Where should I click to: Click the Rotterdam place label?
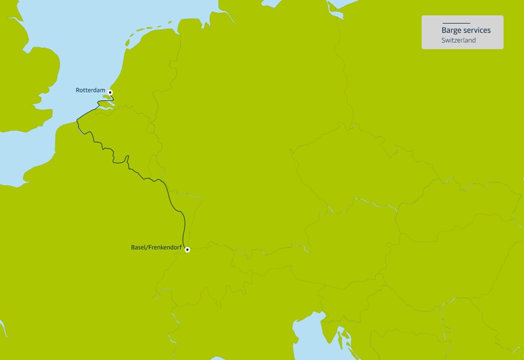pyautogui.click(x=90, y=90)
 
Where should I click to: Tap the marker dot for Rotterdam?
pyautogui.click(x=110, y=92)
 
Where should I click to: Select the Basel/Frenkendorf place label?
pyautogui.click(x=156, y=247)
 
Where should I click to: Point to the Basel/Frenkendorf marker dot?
pyautogui.click(x=187, y=249)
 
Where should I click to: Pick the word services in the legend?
pyautogui.click(x=477, y=30)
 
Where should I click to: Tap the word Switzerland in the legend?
pyautogui.click(x=458, y=40)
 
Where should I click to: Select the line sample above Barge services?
pyautogui.click(x=456, y=23)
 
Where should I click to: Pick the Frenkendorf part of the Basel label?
pyautogui.click(x=165, y=247)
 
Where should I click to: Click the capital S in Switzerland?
pyautogui.click(x=443, y=40)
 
